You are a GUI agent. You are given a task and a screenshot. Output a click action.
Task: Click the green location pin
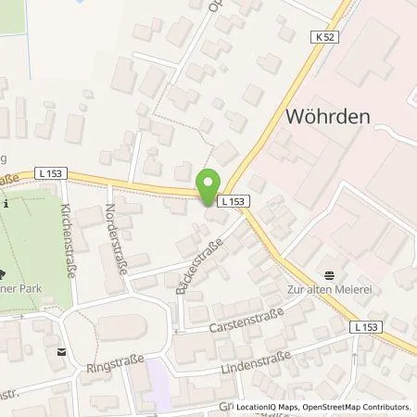[208, 183]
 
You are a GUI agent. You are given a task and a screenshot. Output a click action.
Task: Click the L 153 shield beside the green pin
[231, 200]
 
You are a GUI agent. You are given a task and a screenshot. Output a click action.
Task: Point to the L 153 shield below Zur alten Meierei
[366, 327]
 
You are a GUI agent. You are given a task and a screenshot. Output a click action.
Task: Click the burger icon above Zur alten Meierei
[329, 275]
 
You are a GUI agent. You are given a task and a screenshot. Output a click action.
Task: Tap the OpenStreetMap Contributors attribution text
[358, 407]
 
